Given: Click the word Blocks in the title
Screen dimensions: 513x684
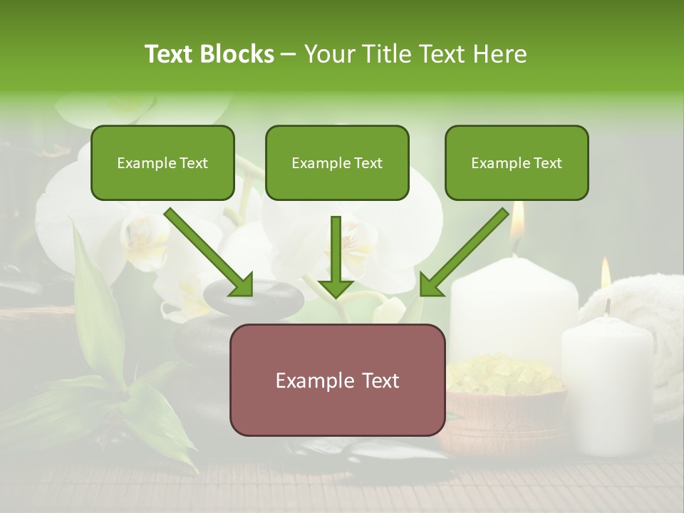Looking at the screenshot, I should (x=239, y=54).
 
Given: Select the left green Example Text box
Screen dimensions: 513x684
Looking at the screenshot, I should (x=162, y=162).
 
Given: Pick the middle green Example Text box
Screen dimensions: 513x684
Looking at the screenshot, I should (x=337, y=162).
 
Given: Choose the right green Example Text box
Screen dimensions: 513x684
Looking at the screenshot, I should (x=517, y=162).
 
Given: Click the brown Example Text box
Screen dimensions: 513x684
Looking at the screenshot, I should (x=337, y=380).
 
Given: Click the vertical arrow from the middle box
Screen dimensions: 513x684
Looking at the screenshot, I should (x=336, y=256).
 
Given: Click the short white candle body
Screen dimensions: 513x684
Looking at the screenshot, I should (x=607, y=385).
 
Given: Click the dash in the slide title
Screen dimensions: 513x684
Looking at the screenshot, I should (x=289, y=55).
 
